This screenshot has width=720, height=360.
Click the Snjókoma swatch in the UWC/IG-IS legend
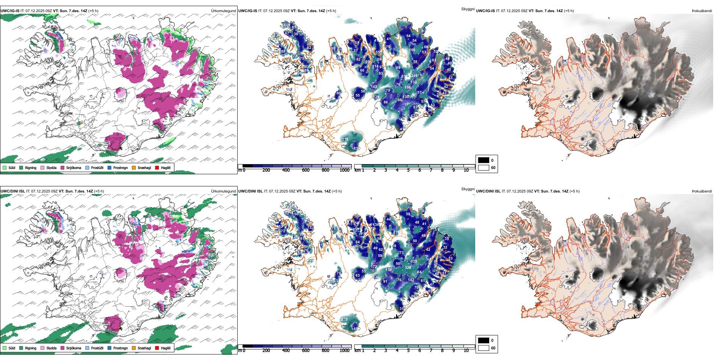coord(62,167)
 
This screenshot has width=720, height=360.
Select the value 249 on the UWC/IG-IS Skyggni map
coord(414,76)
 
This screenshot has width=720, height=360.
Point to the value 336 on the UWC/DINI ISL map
coord(408,268)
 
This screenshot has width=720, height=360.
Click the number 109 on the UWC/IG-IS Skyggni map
coord(287,25)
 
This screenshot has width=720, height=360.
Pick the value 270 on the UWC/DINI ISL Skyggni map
coord(344,319)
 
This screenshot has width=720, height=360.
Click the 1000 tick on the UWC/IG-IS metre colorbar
coord(344,170)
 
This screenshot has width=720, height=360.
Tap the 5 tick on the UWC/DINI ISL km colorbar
coord(408,351)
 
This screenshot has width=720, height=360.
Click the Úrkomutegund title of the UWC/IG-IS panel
coord(223,11)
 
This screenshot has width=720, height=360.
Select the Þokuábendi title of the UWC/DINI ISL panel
coord(702,191)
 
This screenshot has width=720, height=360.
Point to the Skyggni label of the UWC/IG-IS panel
coord(468,9)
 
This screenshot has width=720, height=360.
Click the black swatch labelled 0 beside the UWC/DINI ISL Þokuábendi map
coord(484,340)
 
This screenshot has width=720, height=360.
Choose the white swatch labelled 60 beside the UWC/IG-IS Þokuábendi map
coord(484,167)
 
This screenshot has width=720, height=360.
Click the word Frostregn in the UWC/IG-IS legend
coord(121,167)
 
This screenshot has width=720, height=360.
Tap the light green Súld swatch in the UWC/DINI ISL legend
coord(5,348)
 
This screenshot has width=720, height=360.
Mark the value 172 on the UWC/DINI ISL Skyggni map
coord(374,267)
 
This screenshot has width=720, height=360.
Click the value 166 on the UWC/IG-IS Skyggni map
coord(407,88)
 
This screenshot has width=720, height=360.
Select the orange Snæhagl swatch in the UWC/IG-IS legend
coord(134,167)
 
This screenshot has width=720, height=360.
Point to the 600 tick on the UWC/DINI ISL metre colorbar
coord(306,351)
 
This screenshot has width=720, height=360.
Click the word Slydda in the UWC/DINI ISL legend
coord(52,348)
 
